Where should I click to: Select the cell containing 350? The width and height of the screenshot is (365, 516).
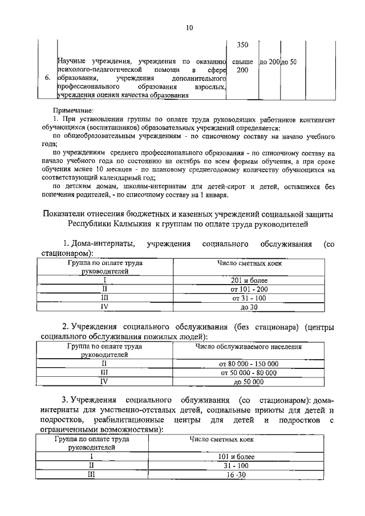(242, 45)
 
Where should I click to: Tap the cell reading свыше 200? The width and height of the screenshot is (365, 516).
(242, 65)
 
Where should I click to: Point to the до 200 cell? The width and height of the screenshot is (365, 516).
(269, 61)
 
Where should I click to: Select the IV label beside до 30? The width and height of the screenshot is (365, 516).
(104, 306)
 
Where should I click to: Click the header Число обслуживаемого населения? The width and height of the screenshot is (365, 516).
(249, 347)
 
